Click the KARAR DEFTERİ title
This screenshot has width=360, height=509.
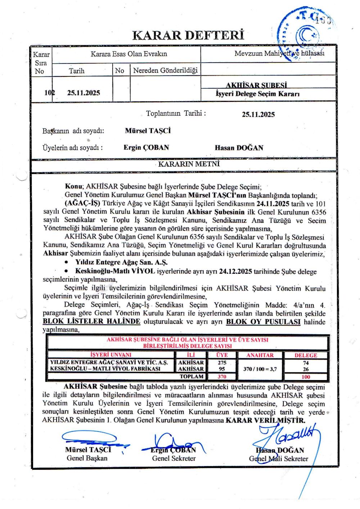(x=188, y=35)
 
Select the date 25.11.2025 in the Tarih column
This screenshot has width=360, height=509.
(x=84, y=93)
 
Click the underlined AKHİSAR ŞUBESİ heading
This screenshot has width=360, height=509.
(x=256, y=85)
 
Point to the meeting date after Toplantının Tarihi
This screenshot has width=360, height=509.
(x=258, y=115)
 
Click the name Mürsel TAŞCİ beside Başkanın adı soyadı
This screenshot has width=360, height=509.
(x=148, y=131)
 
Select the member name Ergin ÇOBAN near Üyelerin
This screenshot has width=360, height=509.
(x=146, y=147)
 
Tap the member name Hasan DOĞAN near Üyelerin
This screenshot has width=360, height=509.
(x=239, y=148)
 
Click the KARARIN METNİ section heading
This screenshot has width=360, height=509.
(x=189, y=164)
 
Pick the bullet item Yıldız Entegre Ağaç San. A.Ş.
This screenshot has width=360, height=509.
(x=121, y=262)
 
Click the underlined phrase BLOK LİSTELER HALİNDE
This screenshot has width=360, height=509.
(x=91, y=321)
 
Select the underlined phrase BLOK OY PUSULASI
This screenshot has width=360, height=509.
(x=263, y=322)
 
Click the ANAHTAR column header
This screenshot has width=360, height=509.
(x=260, y=355)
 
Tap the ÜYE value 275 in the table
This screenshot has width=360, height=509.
(x=222, y=363)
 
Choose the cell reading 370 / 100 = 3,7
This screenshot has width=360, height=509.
(x=260, y=369)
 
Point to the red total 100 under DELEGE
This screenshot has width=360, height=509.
(x=306, y=377)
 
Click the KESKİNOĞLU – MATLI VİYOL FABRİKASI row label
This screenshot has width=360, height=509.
(x=105, y=369)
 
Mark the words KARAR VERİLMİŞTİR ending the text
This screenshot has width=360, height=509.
(x=265, y=420)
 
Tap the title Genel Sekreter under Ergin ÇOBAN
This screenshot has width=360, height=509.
(x=174, y=458)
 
